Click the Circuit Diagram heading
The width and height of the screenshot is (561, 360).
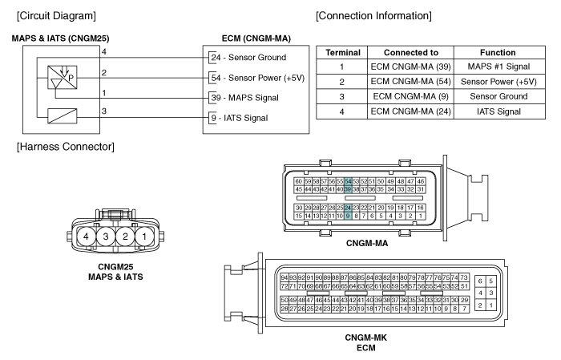(56, 16)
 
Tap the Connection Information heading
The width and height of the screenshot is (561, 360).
(373, 16)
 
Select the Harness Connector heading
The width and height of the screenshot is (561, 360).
(66, 147)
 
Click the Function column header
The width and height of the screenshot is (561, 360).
(498, 53)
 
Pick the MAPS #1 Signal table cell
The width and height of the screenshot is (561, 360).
(498, 67)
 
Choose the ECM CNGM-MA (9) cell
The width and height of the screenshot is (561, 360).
(410, 96)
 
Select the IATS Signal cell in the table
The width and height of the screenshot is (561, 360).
(498, 111)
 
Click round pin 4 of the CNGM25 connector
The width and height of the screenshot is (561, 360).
(86, 237)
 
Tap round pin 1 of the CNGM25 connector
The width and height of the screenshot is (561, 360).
(144, 237)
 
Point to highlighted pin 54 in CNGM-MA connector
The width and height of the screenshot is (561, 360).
(348, 182)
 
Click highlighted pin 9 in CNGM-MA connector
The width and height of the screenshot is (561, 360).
(348, 216)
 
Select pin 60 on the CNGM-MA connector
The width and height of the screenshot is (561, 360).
(299, 182)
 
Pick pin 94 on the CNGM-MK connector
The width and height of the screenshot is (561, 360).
(284, 277)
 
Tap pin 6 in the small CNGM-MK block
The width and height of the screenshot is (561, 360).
(480, 281)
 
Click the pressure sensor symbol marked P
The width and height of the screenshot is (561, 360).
(63, 77)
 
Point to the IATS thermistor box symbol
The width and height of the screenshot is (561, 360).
(63, 116)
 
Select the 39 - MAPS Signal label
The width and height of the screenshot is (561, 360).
(244, 98)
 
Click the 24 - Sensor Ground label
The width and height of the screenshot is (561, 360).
(248, 57)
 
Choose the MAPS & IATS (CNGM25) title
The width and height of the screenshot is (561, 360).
(60, 38)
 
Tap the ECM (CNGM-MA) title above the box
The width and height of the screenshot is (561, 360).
(256, 38)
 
